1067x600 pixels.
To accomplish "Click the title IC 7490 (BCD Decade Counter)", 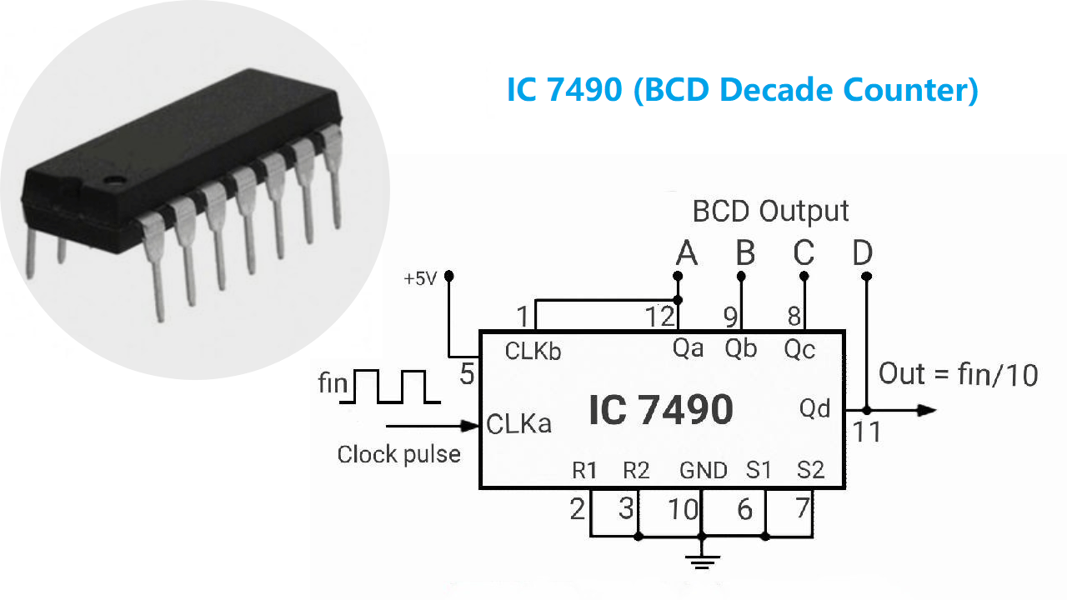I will coord(742,90).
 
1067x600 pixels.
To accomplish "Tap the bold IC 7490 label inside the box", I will coord(661,410).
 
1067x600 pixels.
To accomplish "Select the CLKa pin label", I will coord(518,424).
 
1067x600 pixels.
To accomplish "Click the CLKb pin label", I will coord(533,352).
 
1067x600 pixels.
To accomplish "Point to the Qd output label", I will coord(814,409).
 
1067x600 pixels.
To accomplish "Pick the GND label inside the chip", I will coord(704,471).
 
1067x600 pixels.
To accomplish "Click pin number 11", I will coord(867,433).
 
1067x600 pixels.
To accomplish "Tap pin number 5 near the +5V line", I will coord(467,375).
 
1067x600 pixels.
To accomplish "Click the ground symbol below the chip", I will coord(703,562).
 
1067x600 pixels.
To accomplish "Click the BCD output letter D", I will coord(863,252).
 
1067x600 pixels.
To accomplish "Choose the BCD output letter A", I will coord(686,252).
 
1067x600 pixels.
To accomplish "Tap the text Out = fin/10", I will coord(959,374).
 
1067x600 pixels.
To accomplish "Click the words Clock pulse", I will coord(398,455).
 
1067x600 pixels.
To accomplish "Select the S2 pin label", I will coord(810,471).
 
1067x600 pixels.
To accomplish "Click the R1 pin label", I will coord(584,471).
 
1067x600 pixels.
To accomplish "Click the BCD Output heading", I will coord(770,212).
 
